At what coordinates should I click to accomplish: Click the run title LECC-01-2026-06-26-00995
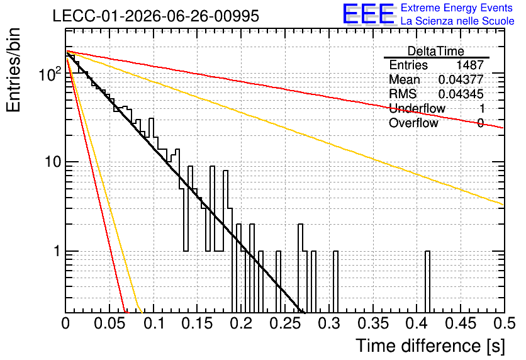click(155, 16)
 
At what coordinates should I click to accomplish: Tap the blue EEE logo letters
click(369, 14)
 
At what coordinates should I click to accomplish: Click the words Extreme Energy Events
click(457, 8)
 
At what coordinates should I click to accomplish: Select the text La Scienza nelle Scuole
click(457, 21)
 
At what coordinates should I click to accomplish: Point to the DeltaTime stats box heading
click(436, 51)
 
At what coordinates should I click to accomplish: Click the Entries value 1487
click(469, 65)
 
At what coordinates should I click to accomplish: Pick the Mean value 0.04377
click(461, 79)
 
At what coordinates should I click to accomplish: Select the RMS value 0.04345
click(461, 94)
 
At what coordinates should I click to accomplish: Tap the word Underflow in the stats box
click(417, 108)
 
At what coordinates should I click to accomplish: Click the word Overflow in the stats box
click(413, 123)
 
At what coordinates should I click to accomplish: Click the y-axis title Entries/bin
click(13, 70)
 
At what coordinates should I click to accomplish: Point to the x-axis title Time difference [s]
click(430, 346)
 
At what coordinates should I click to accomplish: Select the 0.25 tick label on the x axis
click(285, 323)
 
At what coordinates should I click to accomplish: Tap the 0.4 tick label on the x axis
click(417, 323)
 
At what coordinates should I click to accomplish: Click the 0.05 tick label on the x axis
click(109, 323)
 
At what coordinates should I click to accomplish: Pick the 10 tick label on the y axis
click(53, 162)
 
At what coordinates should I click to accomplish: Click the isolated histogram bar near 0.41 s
click(427, 282)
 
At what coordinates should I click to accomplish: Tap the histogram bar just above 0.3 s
click(335, 282)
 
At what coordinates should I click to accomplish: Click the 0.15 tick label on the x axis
click(198, 323)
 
